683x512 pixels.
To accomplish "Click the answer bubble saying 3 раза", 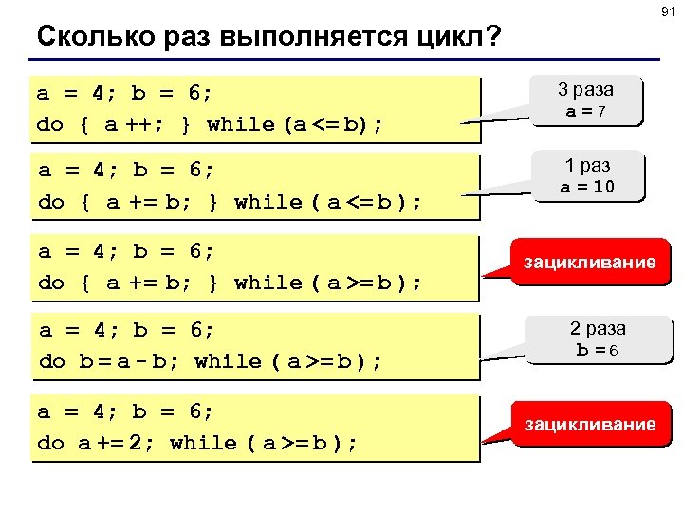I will [x=585, y=90].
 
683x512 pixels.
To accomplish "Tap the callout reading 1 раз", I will [x=586, y=165].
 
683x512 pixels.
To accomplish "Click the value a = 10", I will [x=586, y=187].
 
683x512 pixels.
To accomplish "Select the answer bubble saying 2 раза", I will [x=598, y=329].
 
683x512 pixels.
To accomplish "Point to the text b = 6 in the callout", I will [x=598, y=350].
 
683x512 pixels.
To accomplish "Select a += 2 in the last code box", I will [x=112, y=443].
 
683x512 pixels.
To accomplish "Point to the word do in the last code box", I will [x=50, y=443].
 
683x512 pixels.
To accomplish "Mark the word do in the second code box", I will [x=50, y=202].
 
